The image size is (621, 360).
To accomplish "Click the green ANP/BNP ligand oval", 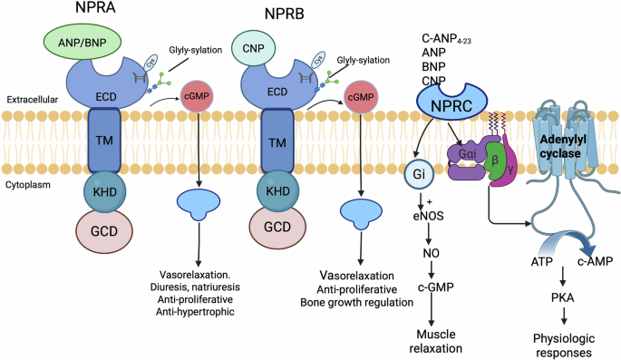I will pyautogui.click(x=84, y=43).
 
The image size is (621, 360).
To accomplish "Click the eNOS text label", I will pyautogui.click(x=416, y=217).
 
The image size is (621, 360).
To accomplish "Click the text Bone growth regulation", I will pyautogui.click(x=359, y=301).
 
